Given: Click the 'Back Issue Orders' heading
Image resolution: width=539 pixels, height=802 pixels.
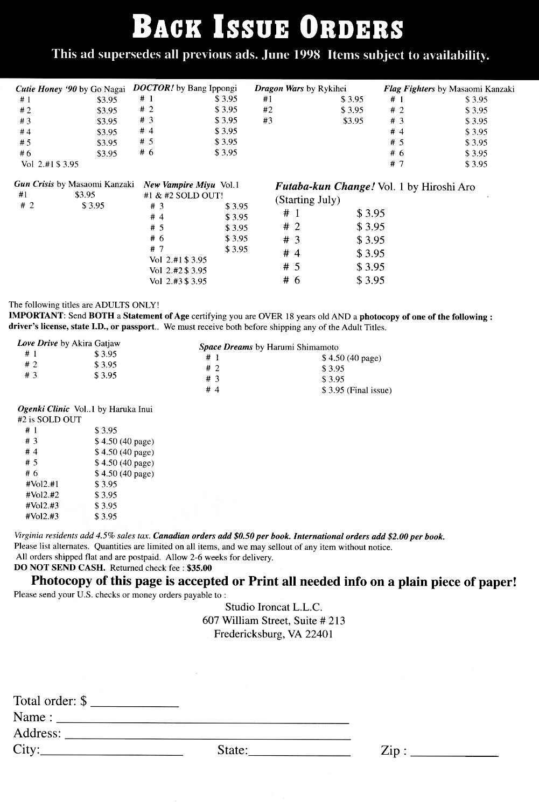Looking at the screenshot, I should pyautogui.click(x=268, y=28).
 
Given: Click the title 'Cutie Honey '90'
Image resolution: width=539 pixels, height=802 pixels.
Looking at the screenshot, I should pyautogui.click(x=46, y=89).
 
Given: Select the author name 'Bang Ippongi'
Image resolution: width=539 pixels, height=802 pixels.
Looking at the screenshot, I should pyautogui.click(x=212, y=88).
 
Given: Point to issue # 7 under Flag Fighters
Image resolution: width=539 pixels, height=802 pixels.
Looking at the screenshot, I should pyautogui.click(x=397, y=164).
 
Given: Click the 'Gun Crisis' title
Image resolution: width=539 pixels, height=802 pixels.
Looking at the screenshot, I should pyautogui.click(x=34, y=184).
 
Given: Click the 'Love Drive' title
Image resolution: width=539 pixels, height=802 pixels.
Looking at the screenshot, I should pyautogui.click(x=37, y=343).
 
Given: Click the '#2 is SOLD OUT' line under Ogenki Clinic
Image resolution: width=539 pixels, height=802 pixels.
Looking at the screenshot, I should pyautogui.click(x=50, y=420).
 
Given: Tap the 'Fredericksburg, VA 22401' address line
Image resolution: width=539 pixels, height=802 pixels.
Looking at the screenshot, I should pyautogui.click(x=274, y=634).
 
